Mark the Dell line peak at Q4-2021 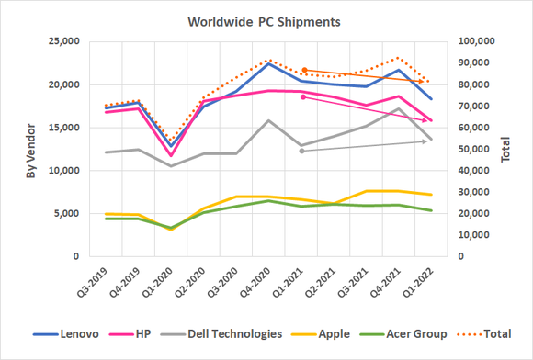click(397, 109)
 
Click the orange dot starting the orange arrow click(304, 70)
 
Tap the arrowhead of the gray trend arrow click(425, 141)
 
